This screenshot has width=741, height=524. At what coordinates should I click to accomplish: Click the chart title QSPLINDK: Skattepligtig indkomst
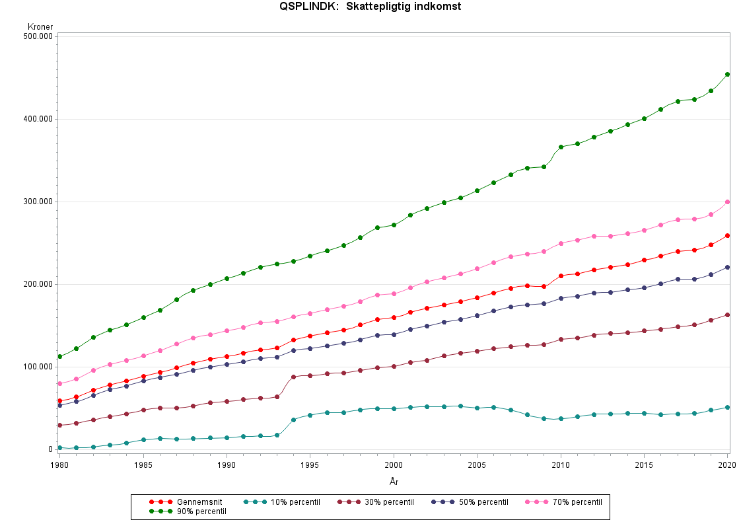click(370, 7)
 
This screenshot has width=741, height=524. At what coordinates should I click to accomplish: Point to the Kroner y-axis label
click(40, 26)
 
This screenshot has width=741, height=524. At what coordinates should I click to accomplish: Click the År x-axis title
click(394, 482)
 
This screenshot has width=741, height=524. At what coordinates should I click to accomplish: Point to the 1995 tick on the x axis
click(310, 465)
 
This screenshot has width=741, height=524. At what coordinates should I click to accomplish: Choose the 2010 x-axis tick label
click(561, 465)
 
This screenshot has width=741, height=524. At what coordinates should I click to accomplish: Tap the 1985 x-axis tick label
click(143, 465)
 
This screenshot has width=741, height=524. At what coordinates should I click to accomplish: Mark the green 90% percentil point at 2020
click(727, 74)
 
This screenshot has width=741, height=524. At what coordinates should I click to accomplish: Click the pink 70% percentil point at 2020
click(727, 202)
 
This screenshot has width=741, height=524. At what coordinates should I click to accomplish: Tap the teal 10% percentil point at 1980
click(59, 447)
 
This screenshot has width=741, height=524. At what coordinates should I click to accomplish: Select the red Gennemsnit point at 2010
click(561, 276)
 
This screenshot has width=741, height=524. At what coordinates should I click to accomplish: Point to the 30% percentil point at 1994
click(293, 377)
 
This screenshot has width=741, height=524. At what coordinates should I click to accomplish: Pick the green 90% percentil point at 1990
click(227, 278)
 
